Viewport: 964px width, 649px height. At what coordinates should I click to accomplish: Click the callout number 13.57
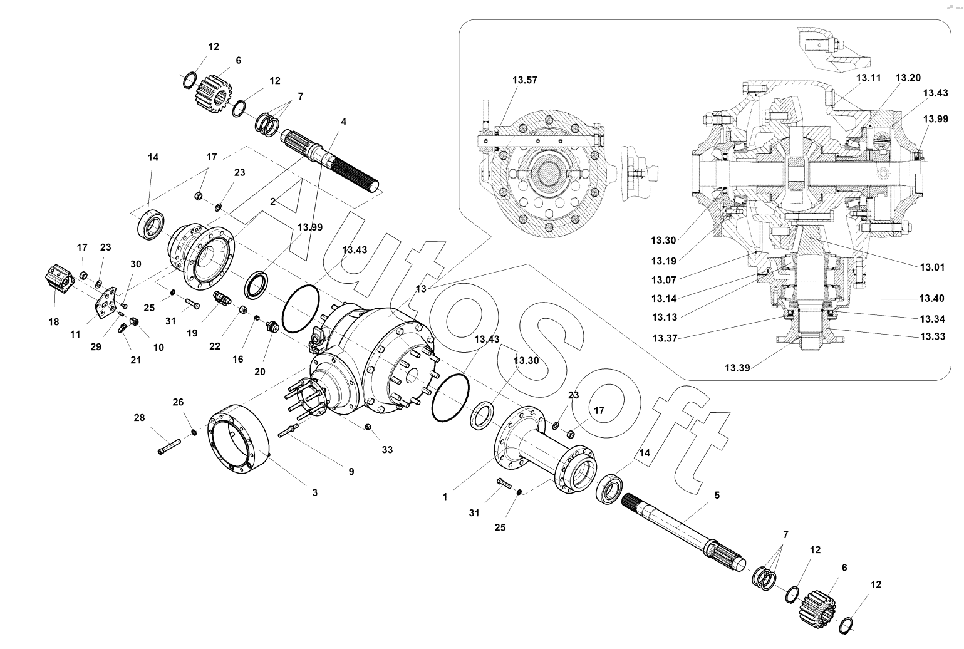[x=524, y=80]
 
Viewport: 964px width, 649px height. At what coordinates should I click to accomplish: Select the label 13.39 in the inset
[x=737, y=368]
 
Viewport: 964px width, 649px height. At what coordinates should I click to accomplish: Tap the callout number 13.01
[x=931, y=267]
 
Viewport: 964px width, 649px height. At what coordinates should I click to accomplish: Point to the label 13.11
[x=868, y=78]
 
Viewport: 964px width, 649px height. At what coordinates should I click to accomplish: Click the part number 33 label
[x=387, y=449]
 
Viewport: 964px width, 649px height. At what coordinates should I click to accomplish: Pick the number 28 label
[x=138, y=417]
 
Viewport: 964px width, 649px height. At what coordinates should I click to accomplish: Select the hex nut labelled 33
[x=368, y=427]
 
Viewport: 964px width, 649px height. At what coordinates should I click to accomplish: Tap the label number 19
[x=192, y=333]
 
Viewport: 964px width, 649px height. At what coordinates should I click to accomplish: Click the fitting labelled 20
[x=271, y=326]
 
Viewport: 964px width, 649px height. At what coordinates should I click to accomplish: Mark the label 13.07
[x=663, y=279]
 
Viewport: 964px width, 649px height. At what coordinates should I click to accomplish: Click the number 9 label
[x=351, y=470]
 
